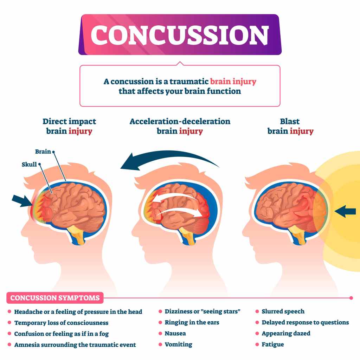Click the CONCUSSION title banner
click(180, 34)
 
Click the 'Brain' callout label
click(43, 152)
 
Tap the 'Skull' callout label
click(29, 164)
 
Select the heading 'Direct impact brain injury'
click(69, 127)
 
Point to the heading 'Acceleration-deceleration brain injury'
click(180, 127)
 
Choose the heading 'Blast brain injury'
click(290, 127)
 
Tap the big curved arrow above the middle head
click(169, 160)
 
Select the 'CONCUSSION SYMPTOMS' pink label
click(55, 298)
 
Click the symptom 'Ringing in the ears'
click(192, 322)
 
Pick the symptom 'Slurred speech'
click(283, 311)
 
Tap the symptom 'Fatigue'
click(272, 344)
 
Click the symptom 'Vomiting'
click(178, 344)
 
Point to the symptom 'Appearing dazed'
click(286, 333)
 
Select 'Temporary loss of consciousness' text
click(61, 322)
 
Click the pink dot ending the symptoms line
click(351, 298)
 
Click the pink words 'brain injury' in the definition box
click(233, 82)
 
